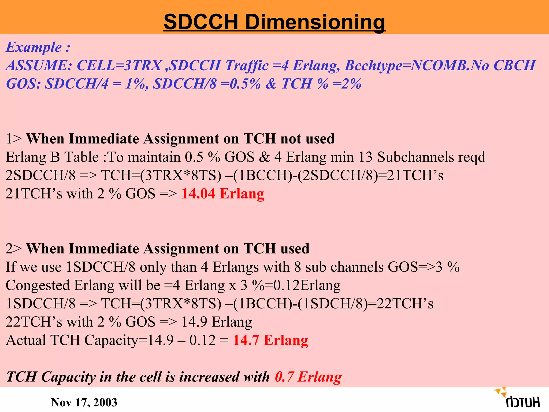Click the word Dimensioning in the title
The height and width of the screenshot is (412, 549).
(x=315, y=22)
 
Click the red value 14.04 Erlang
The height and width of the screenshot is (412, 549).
(x=222, y=194)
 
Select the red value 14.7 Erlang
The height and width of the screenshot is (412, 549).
(x=270, y=340)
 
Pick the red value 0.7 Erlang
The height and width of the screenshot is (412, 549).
(x=308, y=377)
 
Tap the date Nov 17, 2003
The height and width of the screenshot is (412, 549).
(x=84, y=402)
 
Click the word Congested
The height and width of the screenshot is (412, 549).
(x=38, y=285)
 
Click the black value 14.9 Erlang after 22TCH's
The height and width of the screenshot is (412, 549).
(x=217, y=322)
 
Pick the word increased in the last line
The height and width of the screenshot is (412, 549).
(x=209, y=377)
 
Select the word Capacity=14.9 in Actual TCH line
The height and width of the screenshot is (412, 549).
(x=129, y=340)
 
